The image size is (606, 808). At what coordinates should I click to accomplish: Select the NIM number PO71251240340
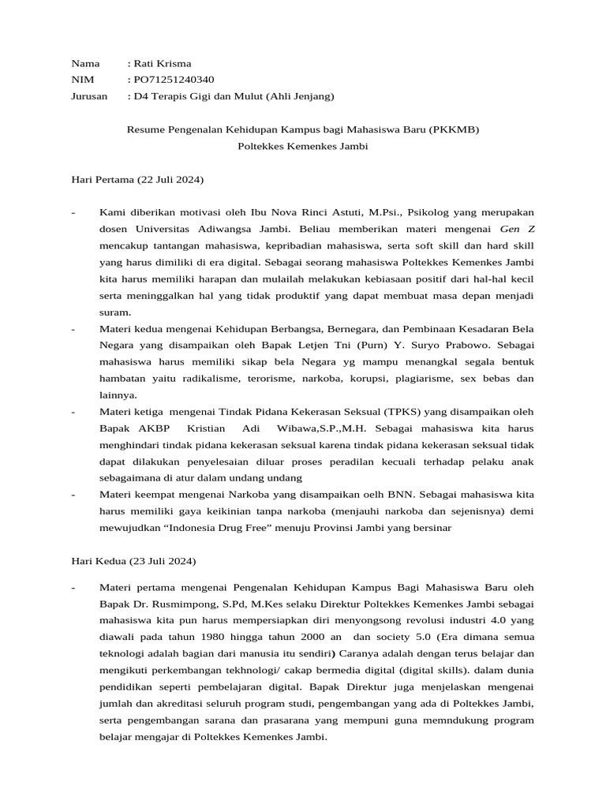[174, 80]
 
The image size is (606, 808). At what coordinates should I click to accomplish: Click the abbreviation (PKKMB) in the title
[454, 129]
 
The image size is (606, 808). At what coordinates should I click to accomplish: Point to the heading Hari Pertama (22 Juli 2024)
[137, 180]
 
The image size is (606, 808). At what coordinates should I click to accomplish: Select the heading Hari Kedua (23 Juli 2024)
[133, 561]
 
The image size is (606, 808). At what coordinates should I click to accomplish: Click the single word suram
[114, 312]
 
